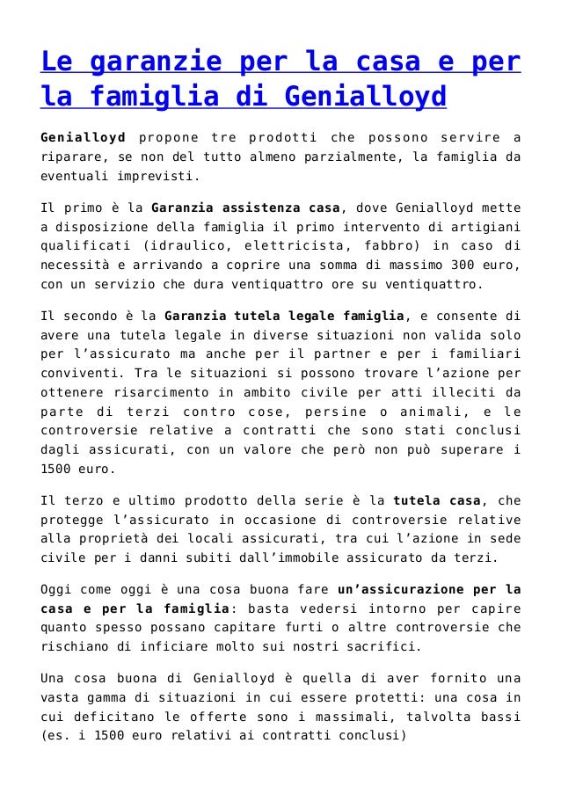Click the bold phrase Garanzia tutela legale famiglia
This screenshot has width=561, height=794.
coord(272,317)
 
